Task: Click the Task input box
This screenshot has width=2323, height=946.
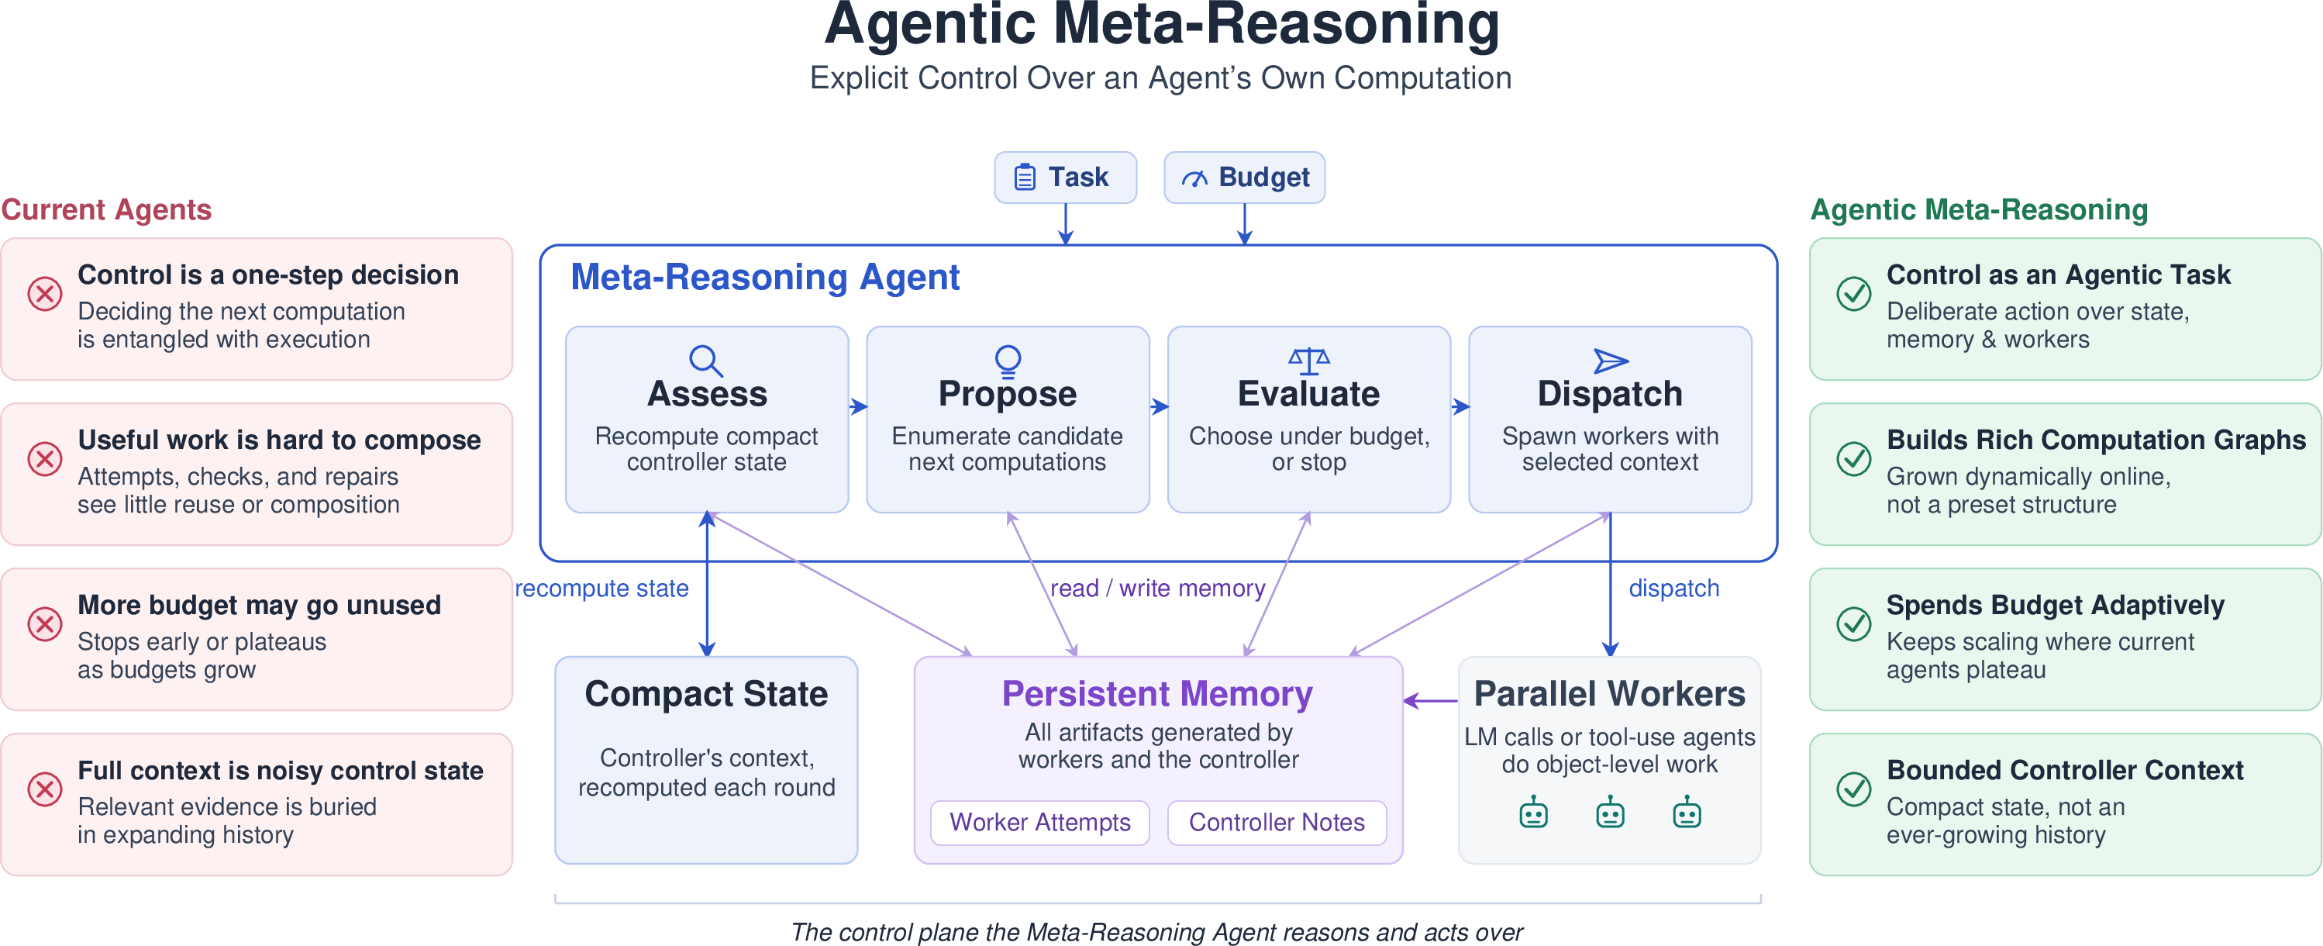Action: pos(1065,177)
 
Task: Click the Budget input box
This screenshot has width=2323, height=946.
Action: pos(1245,177)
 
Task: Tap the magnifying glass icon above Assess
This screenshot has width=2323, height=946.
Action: pos(705,361)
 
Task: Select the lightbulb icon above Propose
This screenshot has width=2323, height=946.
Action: pos(1008,361)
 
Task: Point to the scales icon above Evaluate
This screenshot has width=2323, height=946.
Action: pos(1308,361)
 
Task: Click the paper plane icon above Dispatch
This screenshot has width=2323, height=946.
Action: pos(1611,361)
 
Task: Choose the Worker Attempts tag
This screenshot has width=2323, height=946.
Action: pos(1039,823)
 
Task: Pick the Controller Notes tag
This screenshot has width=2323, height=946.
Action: pos(1277,823)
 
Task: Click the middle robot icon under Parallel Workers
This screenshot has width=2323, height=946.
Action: pos(1610,813)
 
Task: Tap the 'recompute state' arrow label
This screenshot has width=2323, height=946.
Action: pos(601,588)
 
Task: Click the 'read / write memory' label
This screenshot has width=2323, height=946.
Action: pos(1158,588)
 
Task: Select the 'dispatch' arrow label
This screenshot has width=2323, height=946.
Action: pos(1673,588)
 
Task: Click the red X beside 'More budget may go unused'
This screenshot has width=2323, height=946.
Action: pos(44,623)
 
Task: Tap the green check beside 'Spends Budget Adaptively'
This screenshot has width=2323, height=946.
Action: pos(1854,623)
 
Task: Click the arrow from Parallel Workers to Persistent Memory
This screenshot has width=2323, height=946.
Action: pos(1431,701)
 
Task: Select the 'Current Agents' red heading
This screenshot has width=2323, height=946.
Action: pos(106,209)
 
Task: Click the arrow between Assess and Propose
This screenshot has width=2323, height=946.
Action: pos(857,407)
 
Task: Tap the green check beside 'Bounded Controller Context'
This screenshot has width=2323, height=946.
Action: pos(1854,789)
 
